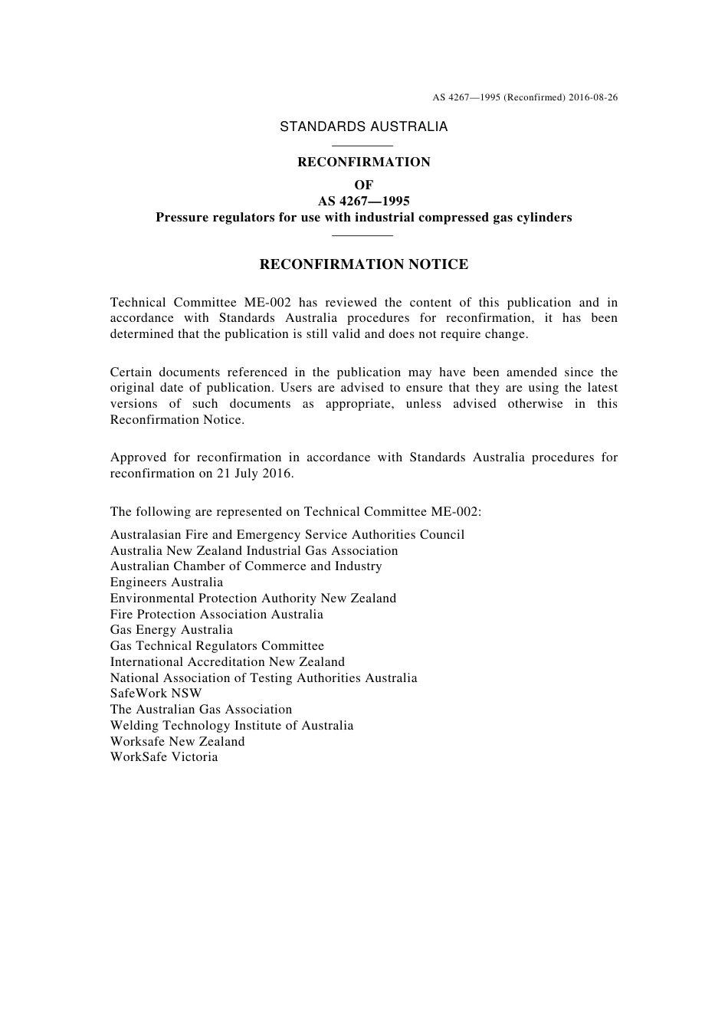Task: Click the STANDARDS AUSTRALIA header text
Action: coord(363,127)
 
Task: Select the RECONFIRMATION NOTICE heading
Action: coord(363,264)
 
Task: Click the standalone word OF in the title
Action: coord(363,185)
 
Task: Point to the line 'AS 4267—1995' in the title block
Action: coord(363,201)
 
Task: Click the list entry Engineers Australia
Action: coord(166,582)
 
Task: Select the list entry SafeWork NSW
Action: coord(156,694)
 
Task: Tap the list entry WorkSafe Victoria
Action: coord(164,757)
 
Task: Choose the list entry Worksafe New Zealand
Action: coord(177,741)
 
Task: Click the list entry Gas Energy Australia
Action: coord(171,630)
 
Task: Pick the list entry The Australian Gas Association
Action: coord(201,710)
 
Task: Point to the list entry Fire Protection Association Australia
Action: coord(216,614)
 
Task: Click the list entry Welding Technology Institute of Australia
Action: coord(231,725)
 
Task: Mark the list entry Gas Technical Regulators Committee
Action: coord(217,646)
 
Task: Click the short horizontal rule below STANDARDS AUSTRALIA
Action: coord(363,146)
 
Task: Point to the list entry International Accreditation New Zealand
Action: coord(227,662)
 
